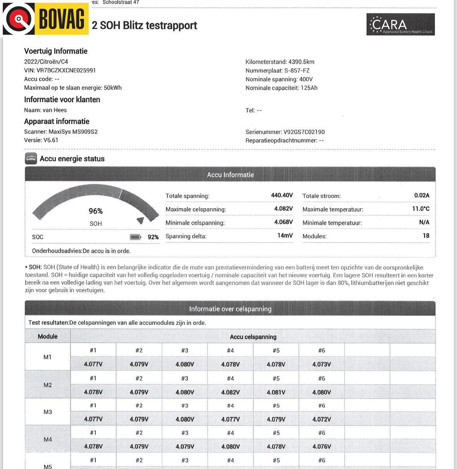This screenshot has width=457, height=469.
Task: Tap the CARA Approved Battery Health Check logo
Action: point(400,24)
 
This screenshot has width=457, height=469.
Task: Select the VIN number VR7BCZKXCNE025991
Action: point(66,70)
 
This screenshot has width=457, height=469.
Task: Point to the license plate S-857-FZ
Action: point(297,71)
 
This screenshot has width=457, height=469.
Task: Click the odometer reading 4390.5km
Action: point(301,62)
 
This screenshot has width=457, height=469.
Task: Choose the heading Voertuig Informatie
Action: point(56,51)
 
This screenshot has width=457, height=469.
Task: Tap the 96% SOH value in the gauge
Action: point(96,211)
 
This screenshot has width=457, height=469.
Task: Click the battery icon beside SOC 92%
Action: point(135,237)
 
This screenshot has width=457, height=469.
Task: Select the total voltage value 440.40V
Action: point(282,195)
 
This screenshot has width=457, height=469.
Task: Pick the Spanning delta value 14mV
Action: point(285,236)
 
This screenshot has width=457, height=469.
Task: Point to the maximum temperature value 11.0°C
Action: point(421,209)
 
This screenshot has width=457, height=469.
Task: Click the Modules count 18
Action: point(426,236)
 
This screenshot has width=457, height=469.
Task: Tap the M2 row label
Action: point(48,385)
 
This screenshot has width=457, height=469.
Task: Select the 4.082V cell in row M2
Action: point(230,392)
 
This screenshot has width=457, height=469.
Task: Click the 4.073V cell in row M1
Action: point(321,364)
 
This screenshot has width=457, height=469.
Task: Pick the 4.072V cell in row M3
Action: point(321,419)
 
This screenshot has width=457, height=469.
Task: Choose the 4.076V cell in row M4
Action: point(321,447)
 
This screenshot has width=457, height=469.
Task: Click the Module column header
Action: point(48,336)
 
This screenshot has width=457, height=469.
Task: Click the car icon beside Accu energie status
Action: point(31,159)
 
